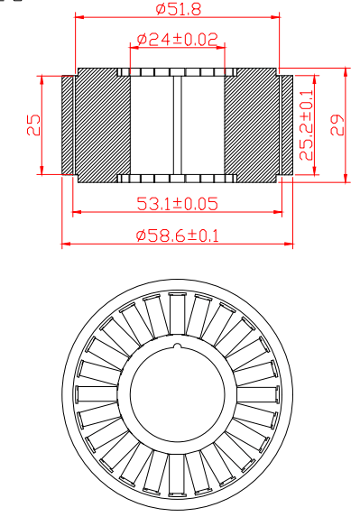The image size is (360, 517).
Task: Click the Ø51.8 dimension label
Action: tap(178, 9)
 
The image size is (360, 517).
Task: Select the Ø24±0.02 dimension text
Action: tap(178, 39)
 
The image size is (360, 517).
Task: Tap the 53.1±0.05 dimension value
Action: tap(178, 203)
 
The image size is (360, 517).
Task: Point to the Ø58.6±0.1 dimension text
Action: tap(178, 235)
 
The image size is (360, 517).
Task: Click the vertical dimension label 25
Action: tap(33, 125)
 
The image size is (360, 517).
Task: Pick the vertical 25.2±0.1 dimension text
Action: tap(306, 125)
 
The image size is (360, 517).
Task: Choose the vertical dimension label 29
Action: tap(337, 125)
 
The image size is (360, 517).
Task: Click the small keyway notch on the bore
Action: tap(178, 346)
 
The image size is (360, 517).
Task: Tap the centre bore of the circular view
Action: tap(178, 392)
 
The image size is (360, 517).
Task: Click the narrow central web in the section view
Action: tap(178, 125)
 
